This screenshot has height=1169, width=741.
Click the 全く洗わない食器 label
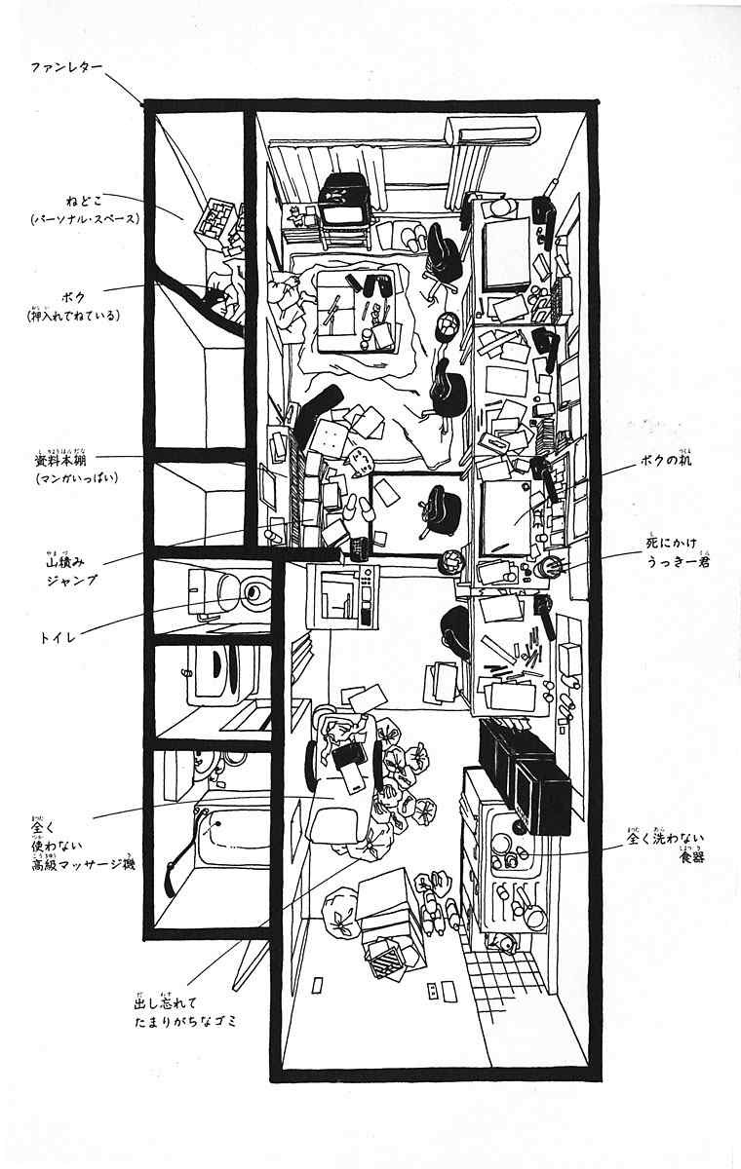pyautogui.click(x=667, y=846)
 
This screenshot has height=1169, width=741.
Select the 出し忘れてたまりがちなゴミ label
pyautogui.click(x=185, y=1012)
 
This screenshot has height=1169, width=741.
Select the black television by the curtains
pyautogui.click(x=344, y=199)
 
